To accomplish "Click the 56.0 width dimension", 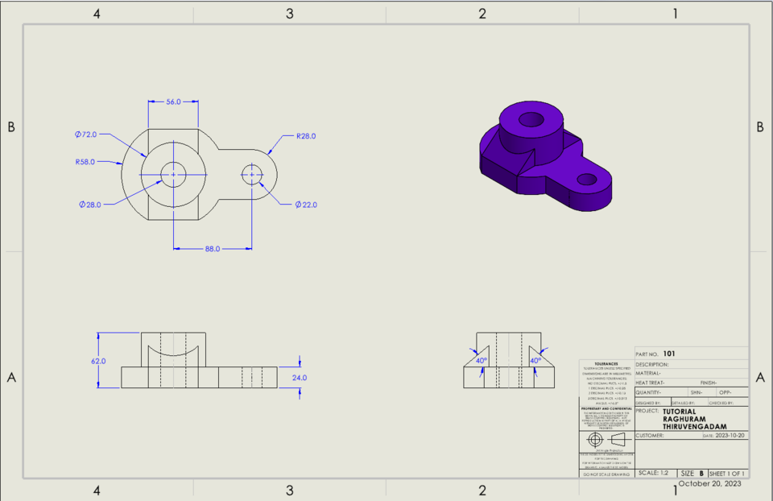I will pos(173,102).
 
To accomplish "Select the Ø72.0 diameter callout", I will pos(85,133).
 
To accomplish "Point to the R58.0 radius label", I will pos(85,162).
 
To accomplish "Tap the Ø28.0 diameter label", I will pos(90,205).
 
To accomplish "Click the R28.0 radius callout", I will pos(305,136).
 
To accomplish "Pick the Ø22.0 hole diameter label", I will pos(306,205).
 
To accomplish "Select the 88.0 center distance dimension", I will pos(213,249).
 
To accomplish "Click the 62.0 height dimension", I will pos(98,362).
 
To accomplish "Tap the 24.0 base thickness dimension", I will pos(299,377).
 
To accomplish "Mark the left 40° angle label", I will pos(481,361).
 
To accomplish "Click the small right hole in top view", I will pos(252,174).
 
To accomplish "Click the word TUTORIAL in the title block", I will pos(679,411).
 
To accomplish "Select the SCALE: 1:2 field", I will pos(652,473).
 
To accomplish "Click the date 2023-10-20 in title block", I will pos(730,436).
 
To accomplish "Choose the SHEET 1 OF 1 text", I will pos(726,473).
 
